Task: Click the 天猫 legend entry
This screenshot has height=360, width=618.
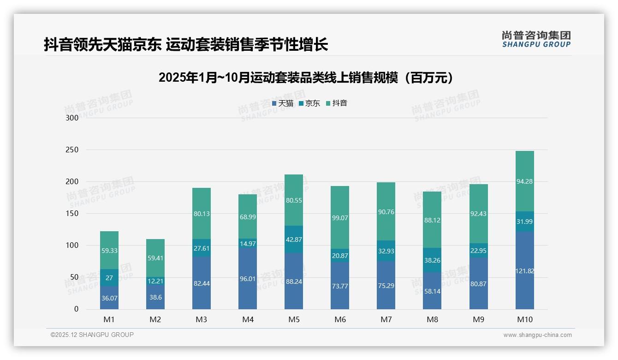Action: point(283,103)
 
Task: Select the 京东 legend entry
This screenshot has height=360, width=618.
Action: point(309,103)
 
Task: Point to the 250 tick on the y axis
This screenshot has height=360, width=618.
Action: point(72,150)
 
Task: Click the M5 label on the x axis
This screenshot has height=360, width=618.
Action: point(294,320)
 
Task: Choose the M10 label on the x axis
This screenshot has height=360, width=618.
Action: point(524,320)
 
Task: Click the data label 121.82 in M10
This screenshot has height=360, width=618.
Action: point(524,271)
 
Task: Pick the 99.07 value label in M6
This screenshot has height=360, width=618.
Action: point(340,218)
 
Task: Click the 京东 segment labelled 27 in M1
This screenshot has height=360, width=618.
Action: point(109,278)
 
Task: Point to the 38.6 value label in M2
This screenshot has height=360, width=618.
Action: point(155,298)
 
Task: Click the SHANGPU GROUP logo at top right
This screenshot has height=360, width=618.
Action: point(536,39)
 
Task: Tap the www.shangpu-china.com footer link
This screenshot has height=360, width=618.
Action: point(537,335)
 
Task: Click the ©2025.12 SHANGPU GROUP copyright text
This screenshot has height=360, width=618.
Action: point(92,335)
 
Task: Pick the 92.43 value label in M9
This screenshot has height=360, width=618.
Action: point(478,214)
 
